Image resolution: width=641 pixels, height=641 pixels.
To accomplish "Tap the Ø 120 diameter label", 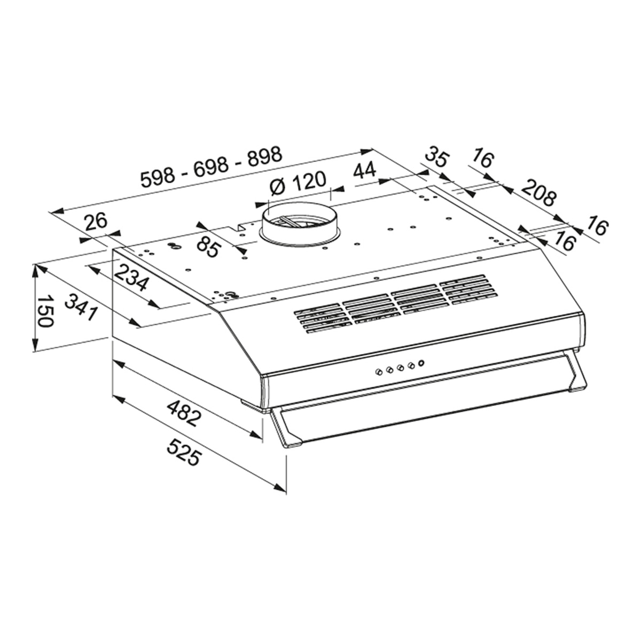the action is (x=296, y=185).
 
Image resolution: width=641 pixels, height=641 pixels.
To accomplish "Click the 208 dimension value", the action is (x=538, y=193).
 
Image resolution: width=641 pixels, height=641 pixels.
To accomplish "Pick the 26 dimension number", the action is (x=96, y=222).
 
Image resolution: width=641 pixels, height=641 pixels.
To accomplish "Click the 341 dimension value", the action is (x=81, y=308).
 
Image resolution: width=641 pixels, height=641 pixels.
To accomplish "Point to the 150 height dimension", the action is (x=44, y=310).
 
